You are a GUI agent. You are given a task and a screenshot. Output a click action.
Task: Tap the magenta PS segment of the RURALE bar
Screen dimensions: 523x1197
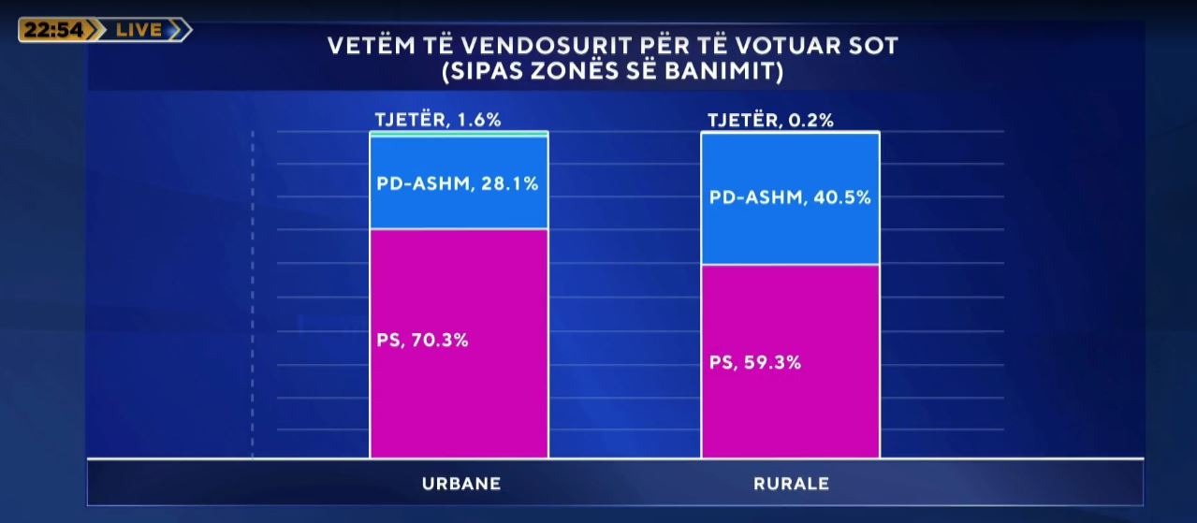(x=790, y=412)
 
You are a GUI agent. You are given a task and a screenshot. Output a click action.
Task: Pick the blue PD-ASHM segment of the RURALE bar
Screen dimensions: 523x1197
(x=790, y=234)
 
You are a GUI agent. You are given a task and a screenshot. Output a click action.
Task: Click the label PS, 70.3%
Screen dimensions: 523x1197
(x=422, y=340)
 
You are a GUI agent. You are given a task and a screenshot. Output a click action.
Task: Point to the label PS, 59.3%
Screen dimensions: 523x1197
(x=754, y=362)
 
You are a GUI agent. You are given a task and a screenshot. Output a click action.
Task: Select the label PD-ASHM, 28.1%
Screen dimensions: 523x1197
(x=458, y=183)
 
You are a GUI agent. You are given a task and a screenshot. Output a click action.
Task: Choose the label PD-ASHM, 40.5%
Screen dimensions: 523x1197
(x=790, y=197)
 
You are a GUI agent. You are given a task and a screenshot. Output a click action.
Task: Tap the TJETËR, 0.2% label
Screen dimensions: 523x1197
(x=770, y=120)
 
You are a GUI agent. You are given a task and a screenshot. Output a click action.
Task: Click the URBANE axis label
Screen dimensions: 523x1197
(x=460, y=484)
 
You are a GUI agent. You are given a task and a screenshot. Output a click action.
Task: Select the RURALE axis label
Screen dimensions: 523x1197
(x=791, y=484)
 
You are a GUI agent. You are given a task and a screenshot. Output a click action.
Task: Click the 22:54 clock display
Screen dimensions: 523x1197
(x=53, y=30)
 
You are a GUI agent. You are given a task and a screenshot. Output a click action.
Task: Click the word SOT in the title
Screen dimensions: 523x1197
(x=876, y=45)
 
